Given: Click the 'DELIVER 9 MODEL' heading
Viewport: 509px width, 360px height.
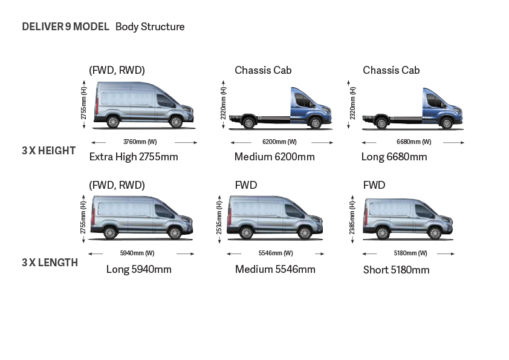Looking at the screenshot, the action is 65,27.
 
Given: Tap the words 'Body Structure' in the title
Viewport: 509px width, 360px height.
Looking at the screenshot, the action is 150,27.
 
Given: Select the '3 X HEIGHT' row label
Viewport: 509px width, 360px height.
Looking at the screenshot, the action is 49,151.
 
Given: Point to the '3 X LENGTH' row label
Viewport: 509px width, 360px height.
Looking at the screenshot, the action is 50,263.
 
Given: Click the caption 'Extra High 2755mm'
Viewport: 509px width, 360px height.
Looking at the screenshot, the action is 134,157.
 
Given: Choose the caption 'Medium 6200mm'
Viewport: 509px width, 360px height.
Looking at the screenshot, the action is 274,157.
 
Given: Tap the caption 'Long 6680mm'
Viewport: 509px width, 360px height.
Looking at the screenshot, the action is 394,157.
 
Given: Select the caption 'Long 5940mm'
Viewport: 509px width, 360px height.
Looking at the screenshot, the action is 139,269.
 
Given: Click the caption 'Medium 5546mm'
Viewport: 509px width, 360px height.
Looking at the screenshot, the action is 275,269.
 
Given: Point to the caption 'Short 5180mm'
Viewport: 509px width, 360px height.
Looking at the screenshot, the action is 397,270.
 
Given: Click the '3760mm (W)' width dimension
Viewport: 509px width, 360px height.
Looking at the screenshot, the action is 140,142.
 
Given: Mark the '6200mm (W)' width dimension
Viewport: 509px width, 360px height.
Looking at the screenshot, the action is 279,142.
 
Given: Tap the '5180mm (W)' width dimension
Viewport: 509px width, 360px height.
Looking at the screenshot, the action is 410,253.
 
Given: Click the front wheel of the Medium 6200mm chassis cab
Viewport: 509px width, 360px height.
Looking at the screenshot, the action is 315,123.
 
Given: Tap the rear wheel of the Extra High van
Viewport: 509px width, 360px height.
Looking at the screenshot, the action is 112,122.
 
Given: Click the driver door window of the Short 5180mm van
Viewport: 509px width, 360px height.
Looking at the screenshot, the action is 424,212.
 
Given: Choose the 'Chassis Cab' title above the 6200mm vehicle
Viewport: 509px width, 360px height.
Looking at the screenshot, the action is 263,70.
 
